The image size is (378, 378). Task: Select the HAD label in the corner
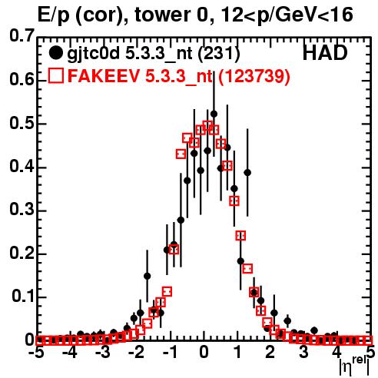(325, 53)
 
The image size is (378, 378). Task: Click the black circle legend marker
(55, 53)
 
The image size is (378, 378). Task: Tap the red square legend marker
(56, 75)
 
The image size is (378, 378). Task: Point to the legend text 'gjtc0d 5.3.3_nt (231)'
(154, 54)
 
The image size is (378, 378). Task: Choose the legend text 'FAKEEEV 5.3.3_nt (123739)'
(179, 76)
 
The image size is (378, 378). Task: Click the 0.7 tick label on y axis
(22, 35)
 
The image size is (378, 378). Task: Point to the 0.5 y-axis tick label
(22, 124)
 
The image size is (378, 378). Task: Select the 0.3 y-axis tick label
(22, 210)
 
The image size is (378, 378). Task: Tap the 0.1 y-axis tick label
(22, 297)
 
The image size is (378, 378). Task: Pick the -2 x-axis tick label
(137, 353)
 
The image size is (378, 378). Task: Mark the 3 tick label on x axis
(303, 353)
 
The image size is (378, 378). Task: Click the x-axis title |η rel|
(354, 366)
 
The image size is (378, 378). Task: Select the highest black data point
(214, 114)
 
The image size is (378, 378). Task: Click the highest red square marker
(207, 126)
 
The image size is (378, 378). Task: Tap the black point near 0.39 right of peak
(247, 173)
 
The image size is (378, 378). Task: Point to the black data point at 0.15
(147, 276)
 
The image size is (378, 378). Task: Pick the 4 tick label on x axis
(337, 353)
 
